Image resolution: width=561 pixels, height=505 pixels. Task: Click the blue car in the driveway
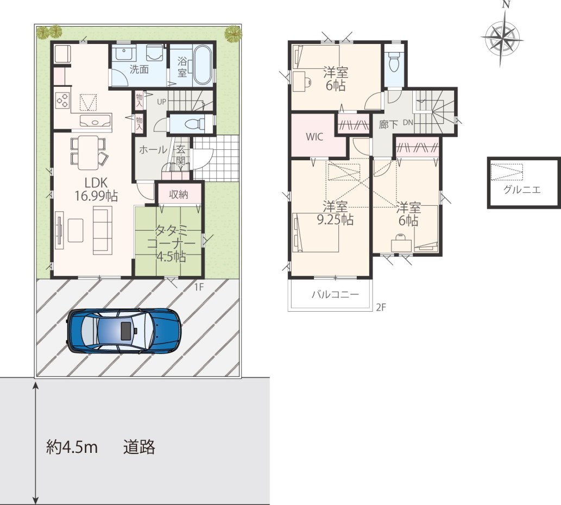tap(124, 331)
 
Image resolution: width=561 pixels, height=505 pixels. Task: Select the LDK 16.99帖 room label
tap(96, 189)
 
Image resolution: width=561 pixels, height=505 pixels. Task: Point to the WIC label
tap(314, 137)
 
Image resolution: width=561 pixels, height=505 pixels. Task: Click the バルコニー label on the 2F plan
tap(335, 295)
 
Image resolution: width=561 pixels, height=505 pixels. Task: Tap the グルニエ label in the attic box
tap(522, 190)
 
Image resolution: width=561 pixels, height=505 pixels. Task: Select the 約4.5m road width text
tap(72, 447)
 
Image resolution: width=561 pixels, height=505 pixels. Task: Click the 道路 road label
tap(139, 447)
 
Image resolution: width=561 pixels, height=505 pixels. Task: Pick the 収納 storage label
tap(179, 194)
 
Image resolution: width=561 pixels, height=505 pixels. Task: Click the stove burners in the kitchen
tap(62, 100)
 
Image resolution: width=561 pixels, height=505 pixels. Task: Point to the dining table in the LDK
tap(88, 153)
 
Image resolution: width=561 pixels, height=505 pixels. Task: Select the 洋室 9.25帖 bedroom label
tap(336, 213)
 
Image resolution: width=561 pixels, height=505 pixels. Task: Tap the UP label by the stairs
tap(162, 102)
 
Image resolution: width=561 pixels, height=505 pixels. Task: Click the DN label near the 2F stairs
tap(408, 122)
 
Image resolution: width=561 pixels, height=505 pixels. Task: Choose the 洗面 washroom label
tap(139, 70)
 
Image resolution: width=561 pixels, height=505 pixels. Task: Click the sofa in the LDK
tap(103, 230)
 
